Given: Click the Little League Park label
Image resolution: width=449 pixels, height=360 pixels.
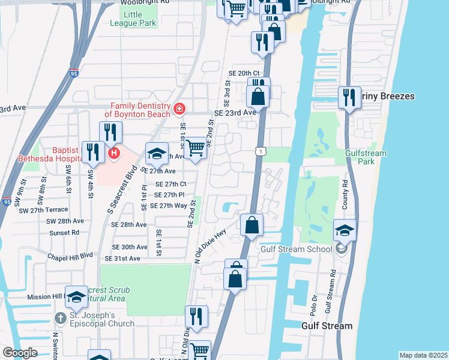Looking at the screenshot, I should pyautogui.click(x=133, y=18).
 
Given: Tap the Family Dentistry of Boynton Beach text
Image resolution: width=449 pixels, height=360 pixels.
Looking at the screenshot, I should pyautogui.click(x=137, y=109).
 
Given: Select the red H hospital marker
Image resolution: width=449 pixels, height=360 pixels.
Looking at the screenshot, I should pyautogui.click(x=113, y=154).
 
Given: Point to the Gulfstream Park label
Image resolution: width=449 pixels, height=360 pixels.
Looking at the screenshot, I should pyautogui.click(x=366, y=157).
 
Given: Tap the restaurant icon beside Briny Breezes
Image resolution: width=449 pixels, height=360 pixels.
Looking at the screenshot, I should pyautogui.click(x=349, y=97).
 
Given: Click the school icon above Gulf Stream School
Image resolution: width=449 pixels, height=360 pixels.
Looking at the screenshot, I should pyautogui.click(x=345, y=230).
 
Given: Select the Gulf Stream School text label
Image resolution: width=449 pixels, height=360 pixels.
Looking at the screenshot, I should pyautogui.click(x=296, y=249).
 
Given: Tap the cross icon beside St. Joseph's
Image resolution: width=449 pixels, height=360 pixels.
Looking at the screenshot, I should pyautogui.click(x=59, y=317).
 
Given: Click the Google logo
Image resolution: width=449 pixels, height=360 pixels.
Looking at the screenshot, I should pyautogui.click(x=19, y=353).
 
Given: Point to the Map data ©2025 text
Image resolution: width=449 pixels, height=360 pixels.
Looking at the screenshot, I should pyautogui.click(x=423, y=355).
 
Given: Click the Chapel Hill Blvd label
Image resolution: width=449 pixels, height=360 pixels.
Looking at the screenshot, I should pyautogui.click(x=70, y=255).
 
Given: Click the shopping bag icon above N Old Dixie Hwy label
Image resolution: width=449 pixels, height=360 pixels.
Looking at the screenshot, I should pyautogui.click(x=252, y=224).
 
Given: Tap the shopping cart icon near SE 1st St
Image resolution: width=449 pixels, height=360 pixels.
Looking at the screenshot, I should pyautogui.click(x=195, y=147).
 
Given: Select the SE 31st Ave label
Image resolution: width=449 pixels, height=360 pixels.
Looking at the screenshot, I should pyautogui.click(x=122, y=259).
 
